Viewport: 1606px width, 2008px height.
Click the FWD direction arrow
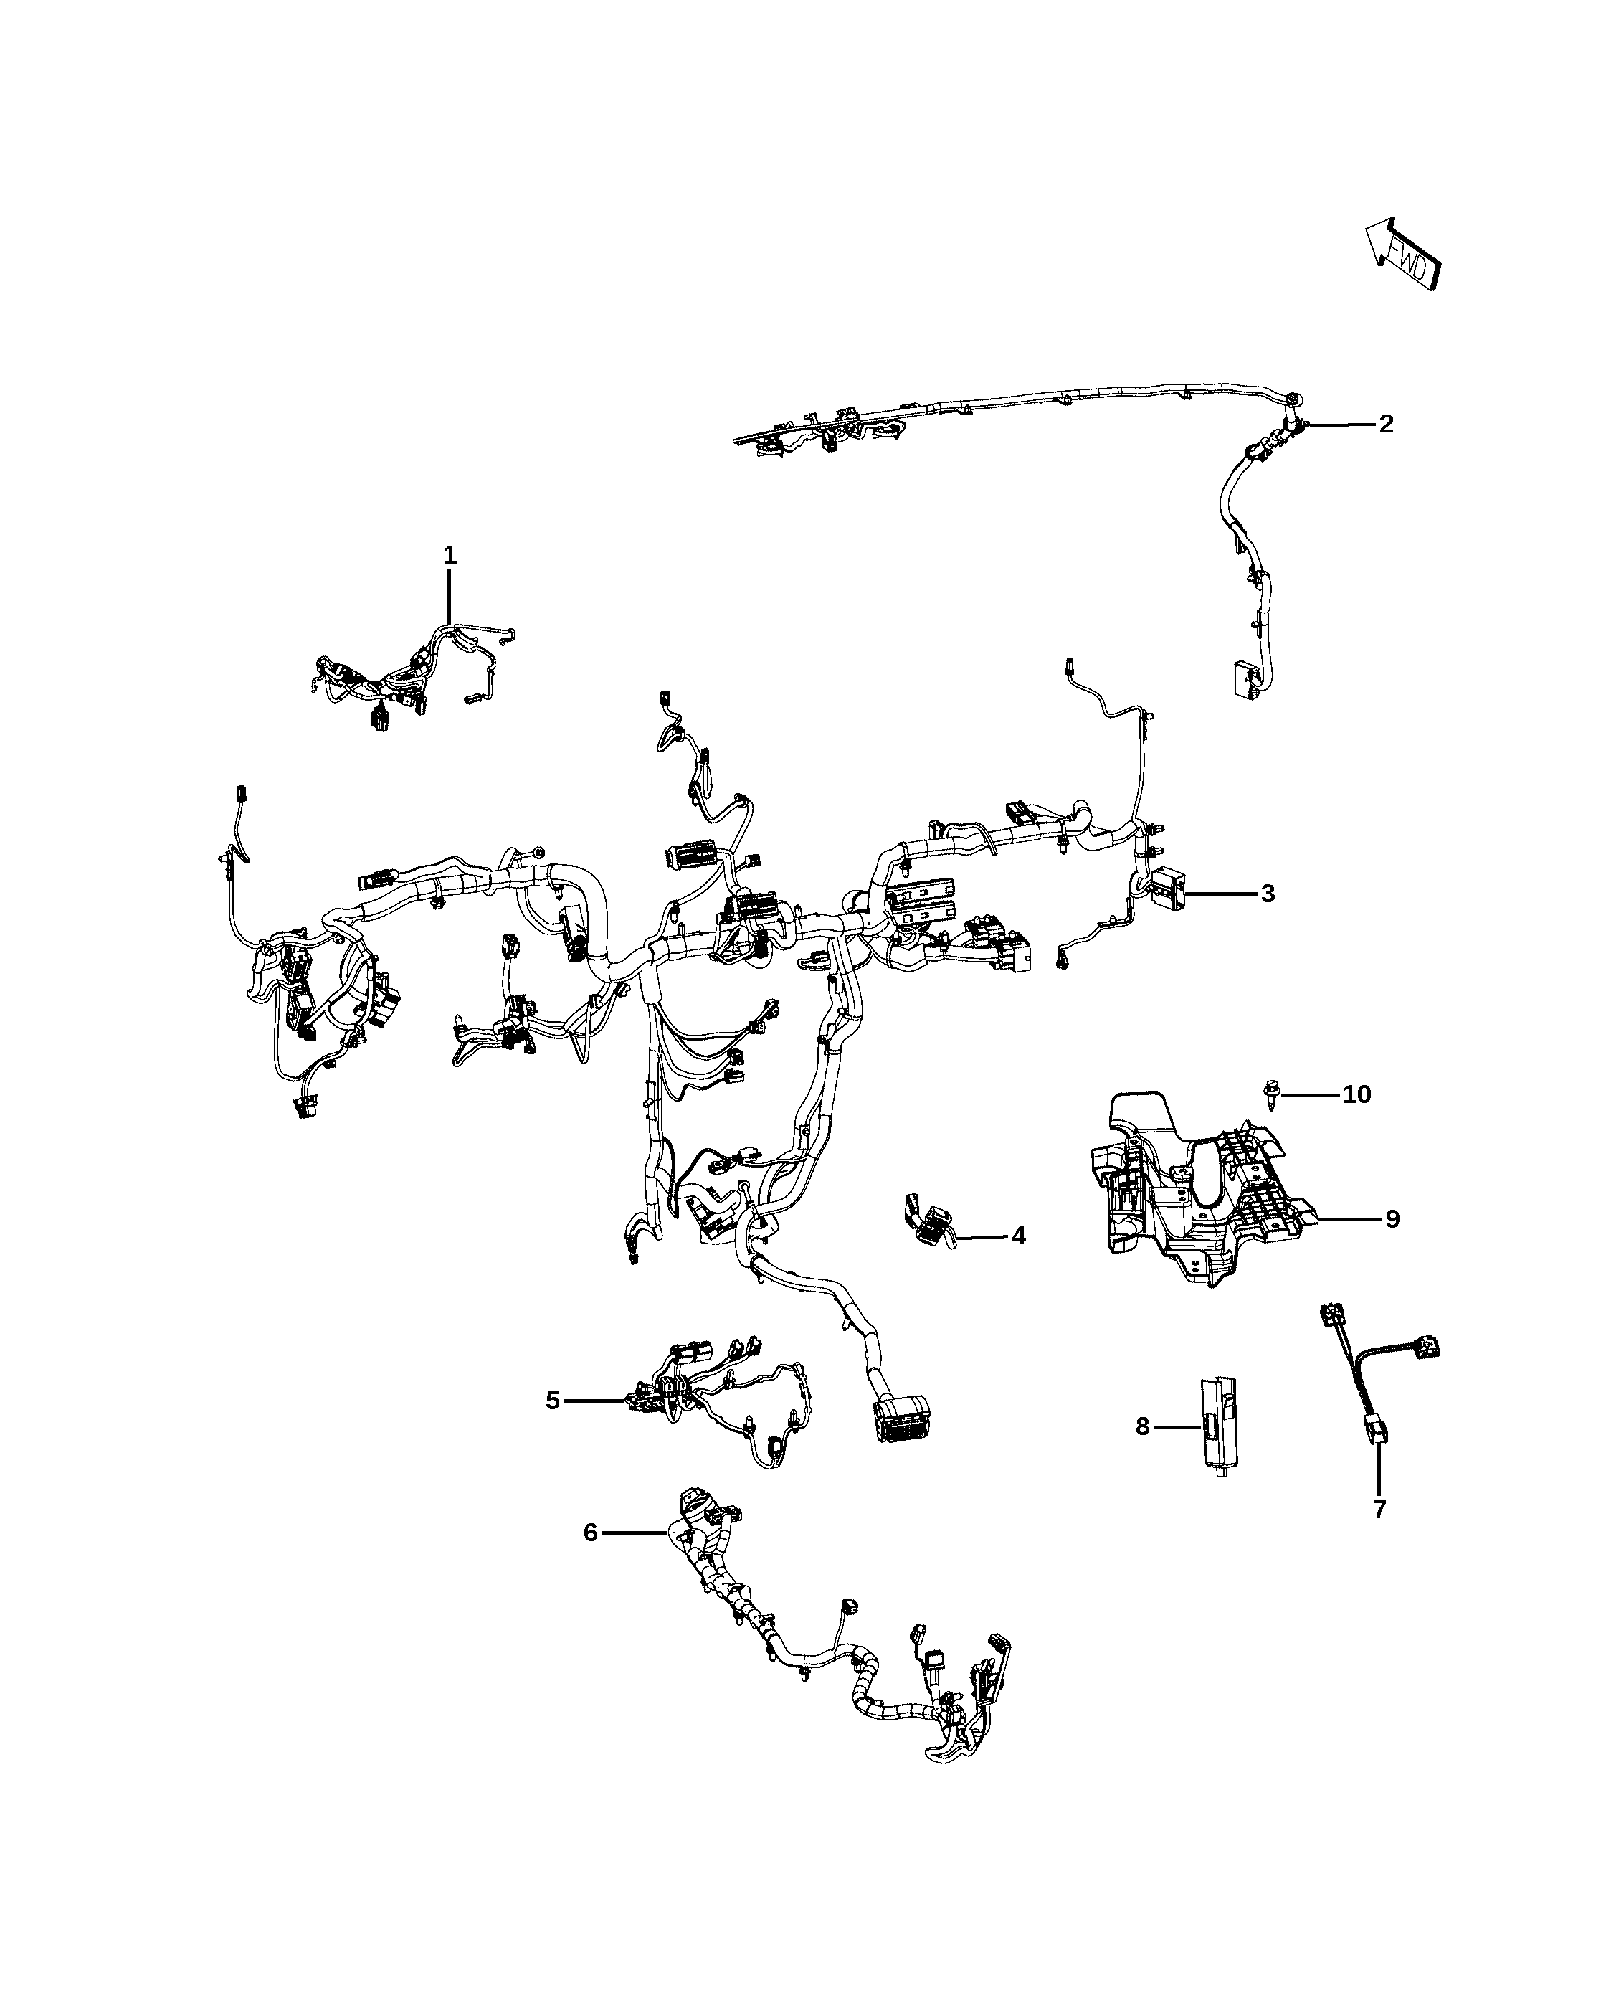(1403, 255)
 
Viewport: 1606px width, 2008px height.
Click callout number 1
(450, 556)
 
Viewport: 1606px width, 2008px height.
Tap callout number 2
(1385, 424)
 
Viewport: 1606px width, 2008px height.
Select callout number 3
(1267, 893)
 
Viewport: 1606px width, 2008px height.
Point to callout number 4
(1019, 1236)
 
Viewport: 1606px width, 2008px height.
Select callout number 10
(1356, 1094)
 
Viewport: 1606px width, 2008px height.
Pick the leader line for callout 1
(450, 596)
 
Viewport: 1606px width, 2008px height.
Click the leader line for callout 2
(1341, 424)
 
